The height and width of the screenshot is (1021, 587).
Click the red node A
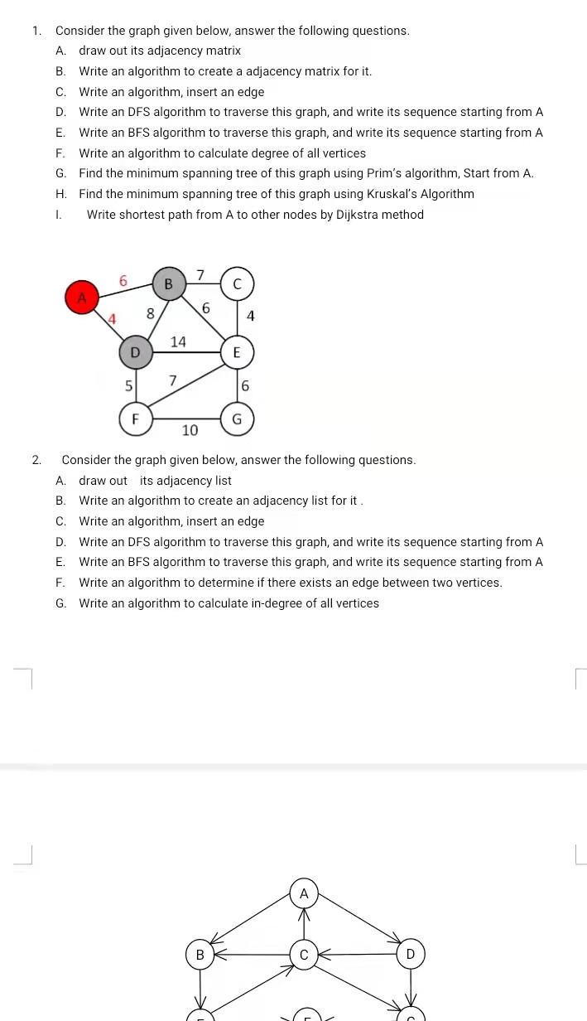tap(81, 298)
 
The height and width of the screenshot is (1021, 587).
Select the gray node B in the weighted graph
tap(168, 283)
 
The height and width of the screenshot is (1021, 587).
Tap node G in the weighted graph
tap(237, 419)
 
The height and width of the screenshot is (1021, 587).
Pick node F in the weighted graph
tap(135, 419)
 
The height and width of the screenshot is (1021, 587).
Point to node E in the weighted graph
tap(236, 352)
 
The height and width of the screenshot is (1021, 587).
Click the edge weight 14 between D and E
tap(178, 341)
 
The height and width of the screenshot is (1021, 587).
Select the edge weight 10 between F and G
tap(190, 430)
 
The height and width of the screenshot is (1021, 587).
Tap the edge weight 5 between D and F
tap(128, 385)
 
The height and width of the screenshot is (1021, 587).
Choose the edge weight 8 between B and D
tap(150, 313)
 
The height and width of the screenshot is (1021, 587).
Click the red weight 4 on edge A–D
tap(112, 318)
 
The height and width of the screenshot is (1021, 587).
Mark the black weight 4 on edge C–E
tap(251, 316)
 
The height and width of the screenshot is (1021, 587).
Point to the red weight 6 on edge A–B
tap(123, 282)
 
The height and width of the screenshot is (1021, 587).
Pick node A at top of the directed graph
tap(304, 893)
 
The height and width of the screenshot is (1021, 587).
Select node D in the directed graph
tap(410, 954)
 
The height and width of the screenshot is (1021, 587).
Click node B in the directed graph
tap(200, 955)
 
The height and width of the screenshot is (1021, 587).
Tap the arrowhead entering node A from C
tap(304, 914)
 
